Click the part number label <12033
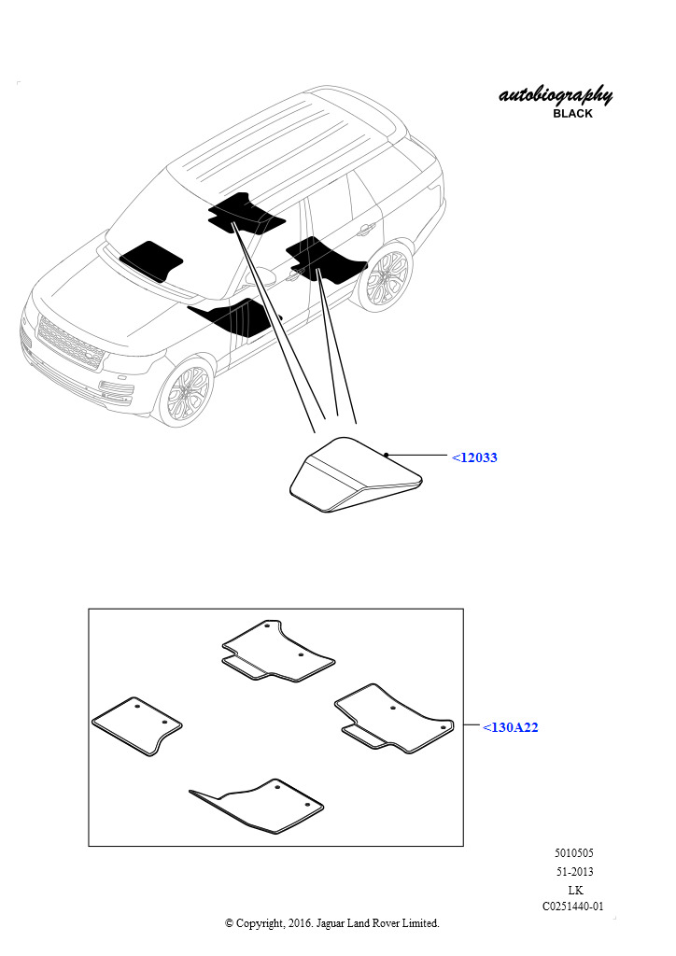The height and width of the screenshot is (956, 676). (x=474, y=457)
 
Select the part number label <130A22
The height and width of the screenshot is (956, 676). (x=510, y=726)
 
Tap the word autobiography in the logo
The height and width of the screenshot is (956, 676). (x=556, y=96)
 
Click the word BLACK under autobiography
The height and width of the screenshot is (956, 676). (x=572, y=113)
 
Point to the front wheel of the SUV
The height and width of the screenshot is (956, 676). (x=186, y=391)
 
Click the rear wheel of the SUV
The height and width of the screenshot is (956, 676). (x=384, y=278)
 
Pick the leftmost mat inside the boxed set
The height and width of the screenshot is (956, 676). (x=137, y=725)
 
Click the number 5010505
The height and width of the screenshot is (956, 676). (x=573, y=853)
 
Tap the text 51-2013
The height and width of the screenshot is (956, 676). (x=573, y=871)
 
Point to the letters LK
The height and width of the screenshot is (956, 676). (x=575, y=890)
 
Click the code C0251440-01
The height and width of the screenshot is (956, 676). (x=573, y=907)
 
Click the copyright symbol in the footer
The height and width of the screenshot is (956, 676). (x=229, y=923)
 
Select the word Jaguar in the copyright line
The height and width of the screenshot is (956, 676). (x=330, y=924)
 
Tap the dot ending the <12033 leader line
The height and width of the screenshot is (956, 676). (x=387, y=455)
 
